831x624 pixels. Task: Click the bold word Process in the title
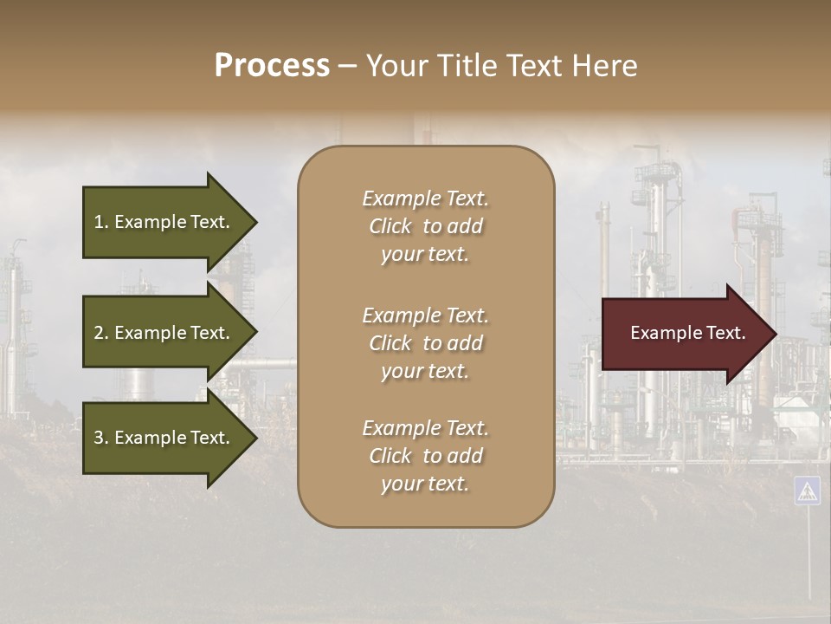[x=272, y=66]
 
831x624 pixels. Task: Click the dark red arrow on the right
[x=684, y=333]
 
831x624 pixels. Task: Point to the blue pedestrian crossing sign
[x=807, y=491]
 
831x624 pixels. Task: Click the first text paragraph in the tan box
[x=425, y=226]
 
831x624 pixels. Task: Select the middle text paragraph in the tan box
[x=425, y=343]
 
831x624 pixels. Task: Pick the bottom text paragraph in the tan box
[x=425, y=456]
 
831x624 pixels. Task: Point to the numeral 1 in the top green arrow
[x=98, y=222]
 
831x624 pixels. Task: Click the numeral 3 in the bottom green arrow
[x=99, y=438]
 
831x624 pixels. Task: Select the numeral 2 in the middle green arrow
[x=99, y=333]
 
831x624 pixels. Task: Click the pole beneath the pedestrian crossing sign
[x=809, y=555]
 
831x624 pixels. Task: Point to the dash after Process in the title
[x=347, y=67]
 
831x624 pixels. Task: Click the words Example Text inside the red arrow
[x=687, y=333]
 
